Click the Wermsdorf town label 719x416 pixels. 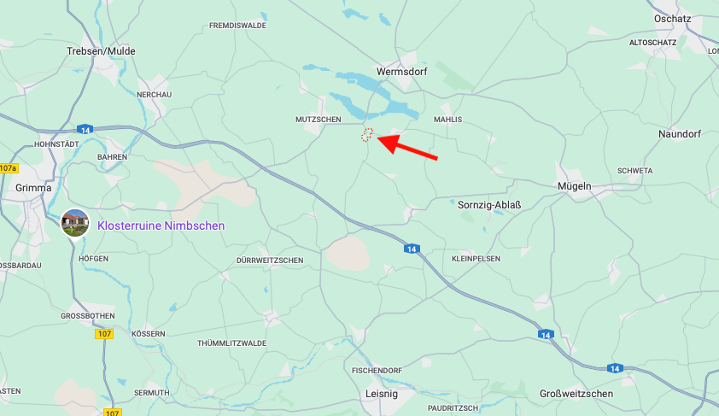click(402, 72)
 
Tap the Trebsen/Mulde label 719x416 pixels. click(101, 51)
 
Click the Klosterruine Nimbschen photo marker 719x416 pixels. click(75, 223)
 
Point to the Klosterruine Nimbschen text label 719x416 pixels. click(161, 226)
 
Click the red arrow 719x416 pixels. click(406, 146)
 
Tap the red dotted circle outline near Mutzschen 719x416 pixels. click(367, 135)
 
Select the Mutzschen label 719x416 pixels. click(318, 120)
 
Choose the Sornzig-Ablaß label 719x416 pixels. click(489, 205)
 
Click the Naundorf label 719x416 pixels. click(680, 134)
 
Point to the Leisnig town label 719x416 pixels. click(381, 394)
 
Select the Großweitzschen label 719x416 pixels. click(576, 394)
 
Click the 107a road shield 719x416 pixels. click(8, 168)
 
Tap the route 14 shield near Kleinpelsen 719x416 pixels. click(412, 249)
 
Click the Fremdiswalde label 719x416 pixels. click(237, 26)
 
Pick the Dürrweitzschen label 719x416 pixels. click(269, 260)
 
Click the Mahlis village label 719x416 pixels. click(448, 120)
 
